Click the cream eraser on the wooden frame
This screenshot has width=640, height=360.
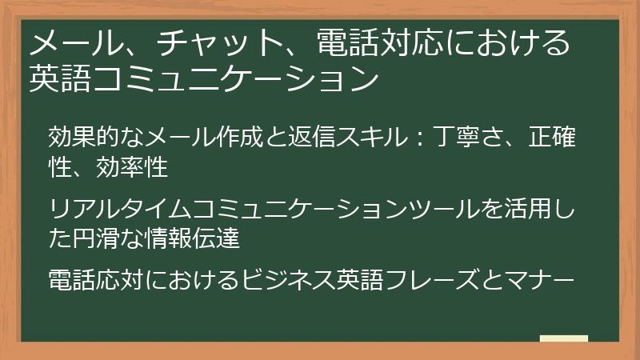pos(564,339)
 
